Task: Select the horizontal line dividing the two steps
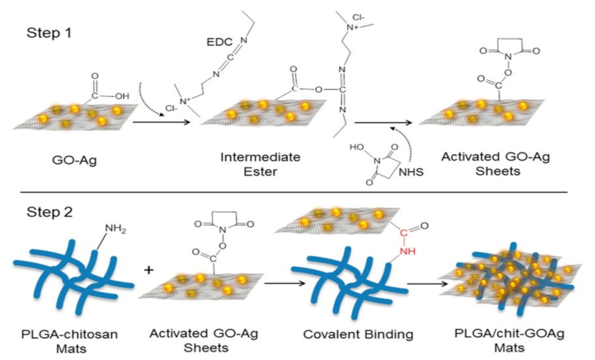pos(297,192)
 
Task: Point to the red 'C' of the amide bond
pos(403,235)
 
